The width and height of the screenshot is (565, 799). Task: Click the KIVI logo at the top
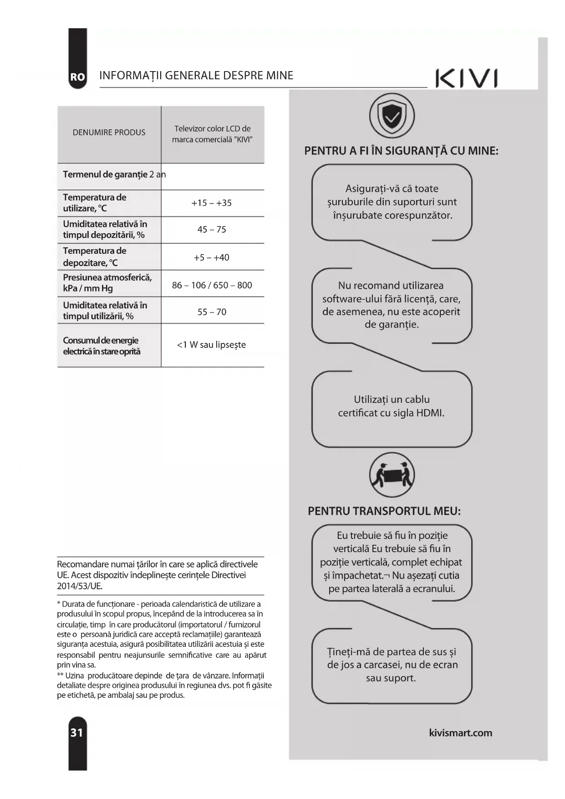coord(466,78)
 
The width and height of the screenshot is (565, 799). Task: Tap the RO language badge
coord(77,77)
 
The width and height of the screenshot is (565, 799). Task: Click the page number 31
coord(77,732)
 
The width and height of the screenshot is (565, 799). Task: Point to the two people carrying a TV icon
coord(392,475)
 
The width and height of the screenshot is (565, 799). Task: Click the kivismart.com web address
coord(460,733)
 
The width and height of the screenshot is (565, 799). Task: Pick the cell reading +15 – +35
coord(211,203)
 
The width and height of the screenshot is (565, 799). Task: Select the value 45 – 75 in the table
coord(212,230)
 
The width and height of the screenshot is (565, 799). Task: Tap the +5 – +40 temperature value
coord(211,257)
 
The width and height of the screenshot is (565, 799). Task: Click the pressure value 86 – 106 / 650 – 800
coord(212,285)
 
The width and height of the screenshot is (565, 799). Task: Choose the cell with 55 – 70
coord(212,312)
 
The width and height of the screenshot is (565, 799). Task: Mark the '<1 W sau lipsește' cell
coord(211,345)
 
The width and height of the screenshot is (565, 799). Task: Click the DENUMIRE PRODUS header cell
coord(109,133)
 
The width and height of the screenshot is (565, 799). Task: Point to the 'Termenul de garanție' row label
coord(105,174)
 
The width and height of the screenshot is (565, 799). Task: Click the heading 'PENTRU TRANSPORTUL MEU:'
coord(384,511)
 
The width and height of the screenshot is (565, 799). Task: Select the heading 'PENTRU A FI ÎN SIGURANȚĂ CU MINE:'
coord(401,151)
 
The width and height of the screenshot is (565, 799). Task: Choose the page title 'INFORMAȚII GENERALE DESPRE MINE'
coord(196,76)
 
